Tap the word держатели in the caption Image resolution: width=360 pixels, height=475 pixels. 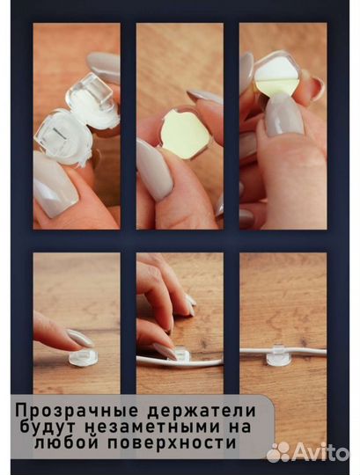pos(202,410)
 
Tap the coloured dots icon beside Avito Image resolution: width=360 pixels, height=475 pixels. pos(278,452)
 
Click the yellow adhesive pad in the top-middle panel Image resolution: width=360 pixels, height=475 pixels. pos(182,133)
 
